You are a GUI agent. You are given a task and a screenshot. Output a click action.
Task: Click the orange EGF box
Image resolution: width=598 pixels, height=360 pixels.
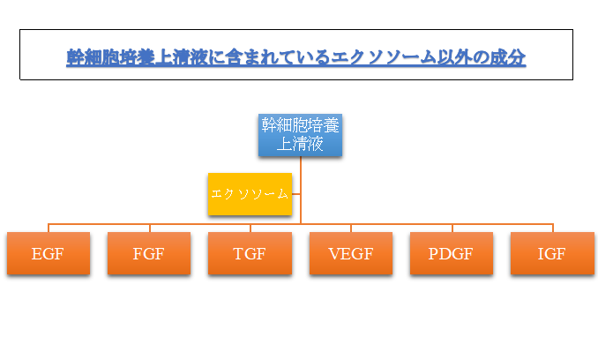(48, 254)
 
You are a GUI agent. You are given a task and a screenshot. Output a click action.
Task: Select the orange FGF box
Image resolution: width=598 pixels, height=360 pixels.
(148, 254)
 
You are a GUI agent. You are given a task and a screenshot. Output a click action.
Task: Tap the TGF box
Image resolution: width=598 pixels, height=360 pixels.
(250, 254)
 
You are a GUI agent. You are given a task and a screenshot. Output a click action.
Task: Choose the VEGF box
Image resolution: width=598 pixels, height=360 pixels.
(350, 254)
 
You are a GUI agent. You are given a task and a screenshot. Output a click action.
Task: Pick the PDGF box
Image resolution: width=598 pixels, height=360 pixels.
(451, 254)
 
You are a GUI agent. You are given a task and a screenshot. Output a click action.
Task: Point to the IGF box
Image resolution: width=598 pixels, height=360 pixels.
(551, 254)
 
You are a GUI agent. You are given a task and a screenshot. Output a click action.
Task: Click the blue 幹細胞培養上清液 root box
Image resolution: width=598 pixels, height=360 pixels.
(300, 135)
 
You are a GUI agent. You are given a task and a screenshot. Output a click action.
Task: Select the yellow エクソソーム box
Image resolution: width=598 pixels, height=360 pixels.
(250, 194)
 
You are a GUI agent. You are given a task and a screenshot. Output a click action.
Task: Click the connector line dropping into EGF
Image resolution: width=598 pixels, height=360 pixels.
(49, 228)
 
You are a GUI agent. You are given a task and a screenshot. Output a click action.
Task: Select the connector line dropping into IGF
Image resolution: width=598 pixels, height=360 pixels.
(552, 228)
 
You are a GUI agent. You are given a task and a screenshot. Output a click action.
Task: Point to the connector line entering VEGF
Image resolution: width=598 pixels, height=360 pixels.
(351, 228)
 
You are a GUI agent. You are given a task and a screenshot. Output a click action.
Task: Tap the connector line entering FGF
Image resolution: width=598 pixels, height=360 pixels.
(149, 228)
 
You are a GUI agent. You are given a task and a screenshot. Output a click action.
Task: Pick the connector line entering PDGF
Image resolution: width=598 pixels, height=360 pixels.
(452, 228)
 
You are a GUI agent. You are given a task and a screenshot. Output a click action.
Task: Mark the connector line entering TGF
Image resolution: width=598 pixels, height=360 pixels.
(250, 228)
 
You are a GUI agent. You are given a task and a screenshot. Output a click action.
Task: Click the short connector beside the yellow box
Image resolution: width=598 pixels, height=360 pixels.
(296, 194)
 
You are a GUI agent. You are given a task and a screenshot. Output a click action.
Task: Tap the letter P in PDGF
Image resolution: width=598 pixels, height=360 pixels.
(434, 255)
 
